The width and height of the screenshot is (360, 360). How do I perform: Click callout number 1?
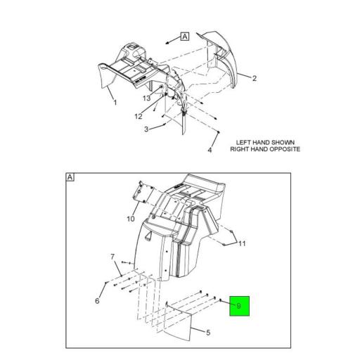pyautogui.click(x=115, y=103)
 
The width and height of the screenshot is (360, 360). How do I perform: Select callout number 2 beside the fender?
pyautogui.click(x=255, y=78)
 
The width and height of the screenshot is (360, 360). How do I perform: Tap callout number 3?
pyautogui.click(x=146, y=129)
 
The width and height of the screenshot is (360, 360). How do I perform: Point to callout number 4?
pyautogui.click(x=210, y=150)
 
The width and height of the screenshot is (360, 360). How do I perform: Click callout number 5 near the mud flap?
pyautogui.click(x=208, y=333)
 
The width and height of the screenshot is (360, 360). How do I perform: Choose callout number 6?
pyautogui.click(x=97, y=301)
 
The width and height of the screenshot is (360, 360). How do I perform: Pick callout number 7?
pyautogui.click(x=112, y=257)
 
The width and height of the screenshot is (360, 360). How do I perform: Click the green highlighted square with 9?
pyautogui.click(x=239, y=306)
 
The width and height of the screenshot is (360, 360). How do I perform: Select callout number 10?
pyautogui.click(x=131, y=219)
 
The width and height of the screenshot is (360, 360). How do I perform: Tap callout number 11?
pyautogui.click(x=242, y=243)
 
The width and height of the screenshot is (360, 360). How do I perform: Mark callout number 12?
pyautogui.click(x=139, y=116)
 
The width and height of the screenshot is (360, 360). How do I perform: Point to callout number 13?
pyautogui.click(x=147, y=98)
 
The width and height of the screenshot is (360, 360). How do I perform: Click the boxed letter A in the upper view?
pyautogui.click(x=185, y=37)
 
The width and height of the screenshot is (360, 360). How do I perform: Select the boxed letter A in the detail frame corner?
pyautogui.click(x=70, y=177)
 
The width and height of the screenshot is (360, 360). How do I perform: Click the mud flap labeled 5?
pyautogui.click(x=178, y=321)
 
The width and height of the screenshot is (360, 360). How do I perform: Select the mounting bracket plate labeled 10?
pyautogui.click(x=143, y=191)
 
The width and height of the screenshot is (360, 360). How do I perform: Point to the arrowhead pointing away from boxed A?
pyautogui.click(x=167, y=43)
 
